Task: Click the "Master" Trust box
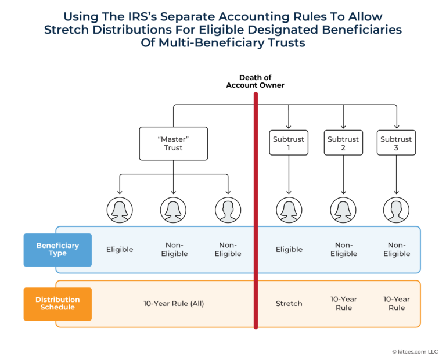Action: tap(173, 143)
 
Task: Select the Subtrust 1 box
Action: tap(289, 143)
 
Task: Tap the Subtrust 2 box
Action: tap(343, 143)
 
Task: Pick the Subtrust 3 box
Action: tap(397, 143)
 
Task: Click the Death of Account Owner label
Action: tap(255, 81)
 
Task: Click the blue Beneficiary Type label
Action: tap(57, 250)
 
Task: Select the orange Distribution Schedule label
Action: tap(57, 304)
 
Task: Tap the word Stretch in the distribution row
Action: tap(289, 304)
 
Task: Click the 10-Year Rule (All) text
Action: tap(174, 304)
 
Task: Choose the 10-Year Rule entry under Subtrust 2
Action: tap(344, 304)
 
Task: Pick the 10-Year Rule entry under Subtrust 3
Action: tap(397, 304)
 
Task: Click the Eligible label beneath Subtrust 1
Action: tap(289, 250)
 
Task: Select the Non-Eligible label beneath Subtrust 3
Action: tap(397, 250)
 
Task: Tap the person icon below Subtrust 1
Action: tap(289, 210)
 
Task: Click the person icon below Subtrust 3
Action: tap(397, 210)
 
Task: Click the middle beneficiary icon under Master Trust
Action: tap(174, 210)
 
